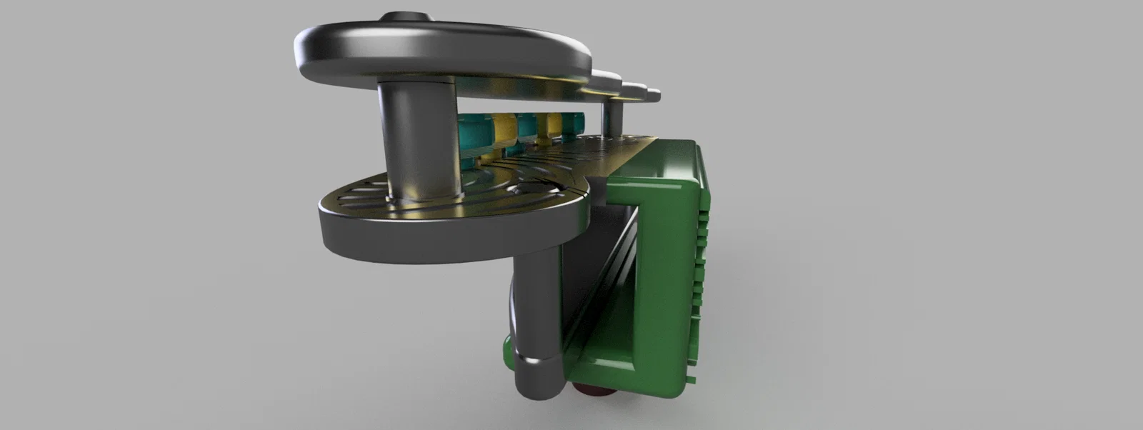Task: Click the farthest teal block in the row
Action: tap(576, 122)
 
